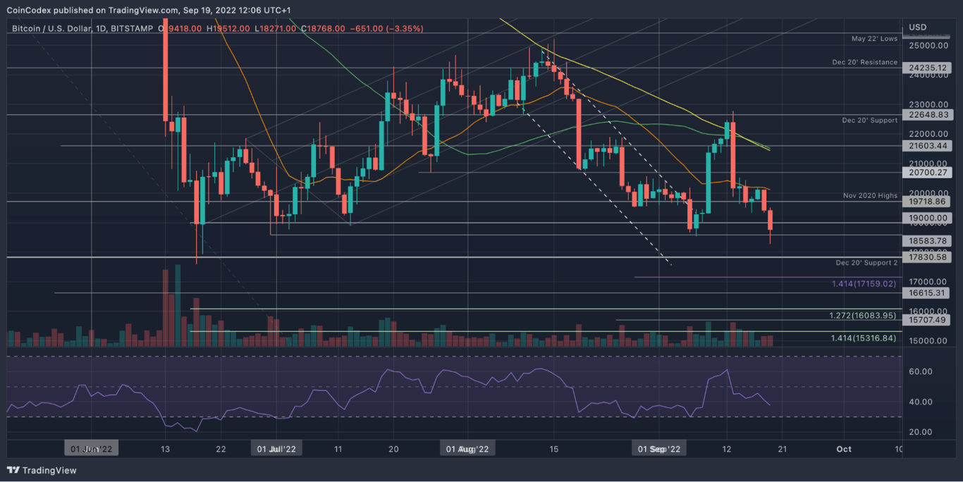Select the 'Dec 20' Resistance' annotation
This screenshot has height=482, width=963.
point(864,63)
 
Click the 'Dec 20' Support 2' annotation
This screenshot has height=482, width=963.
point(866,263)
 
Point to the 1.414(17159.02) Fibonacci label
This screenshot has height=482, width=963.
point(864,283)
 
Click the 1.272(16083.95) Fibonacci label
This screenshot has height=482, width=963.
point(864,315)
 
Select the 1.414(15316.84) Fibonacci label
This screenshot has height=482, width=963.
point(864,338)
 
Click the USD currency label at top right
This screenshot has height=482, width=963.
point(917,27)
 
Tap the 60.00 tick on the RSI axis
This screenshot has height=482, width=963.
point(921,371)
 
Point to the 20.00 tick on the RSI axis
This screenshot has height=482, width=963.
point(921,432)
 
